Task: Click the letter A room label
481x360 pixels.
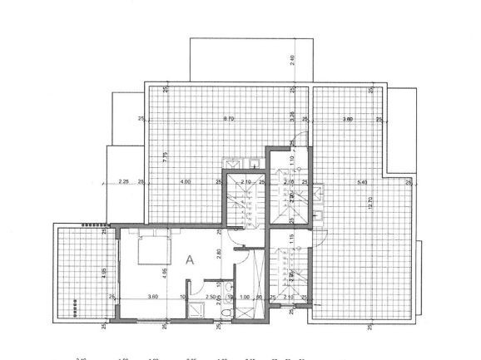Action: pyautogui.click(x=191, y=259)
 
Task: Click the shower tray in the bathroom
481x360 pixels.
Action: pyautogui.click(x=197, y=310)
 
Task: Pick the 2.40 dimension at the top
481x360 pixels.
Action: pyautogui.click(x=292, y=60)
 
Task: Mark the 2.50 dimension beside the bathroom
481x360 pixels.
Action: pyautogui.click(x=211, y=297)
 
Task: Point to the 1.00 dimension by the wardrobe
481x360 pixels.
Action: pyautogui.click(x=245, y=297)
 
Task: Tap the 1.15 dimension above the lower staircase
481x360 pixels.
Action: pyautogui.click(x=292, y=239)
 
